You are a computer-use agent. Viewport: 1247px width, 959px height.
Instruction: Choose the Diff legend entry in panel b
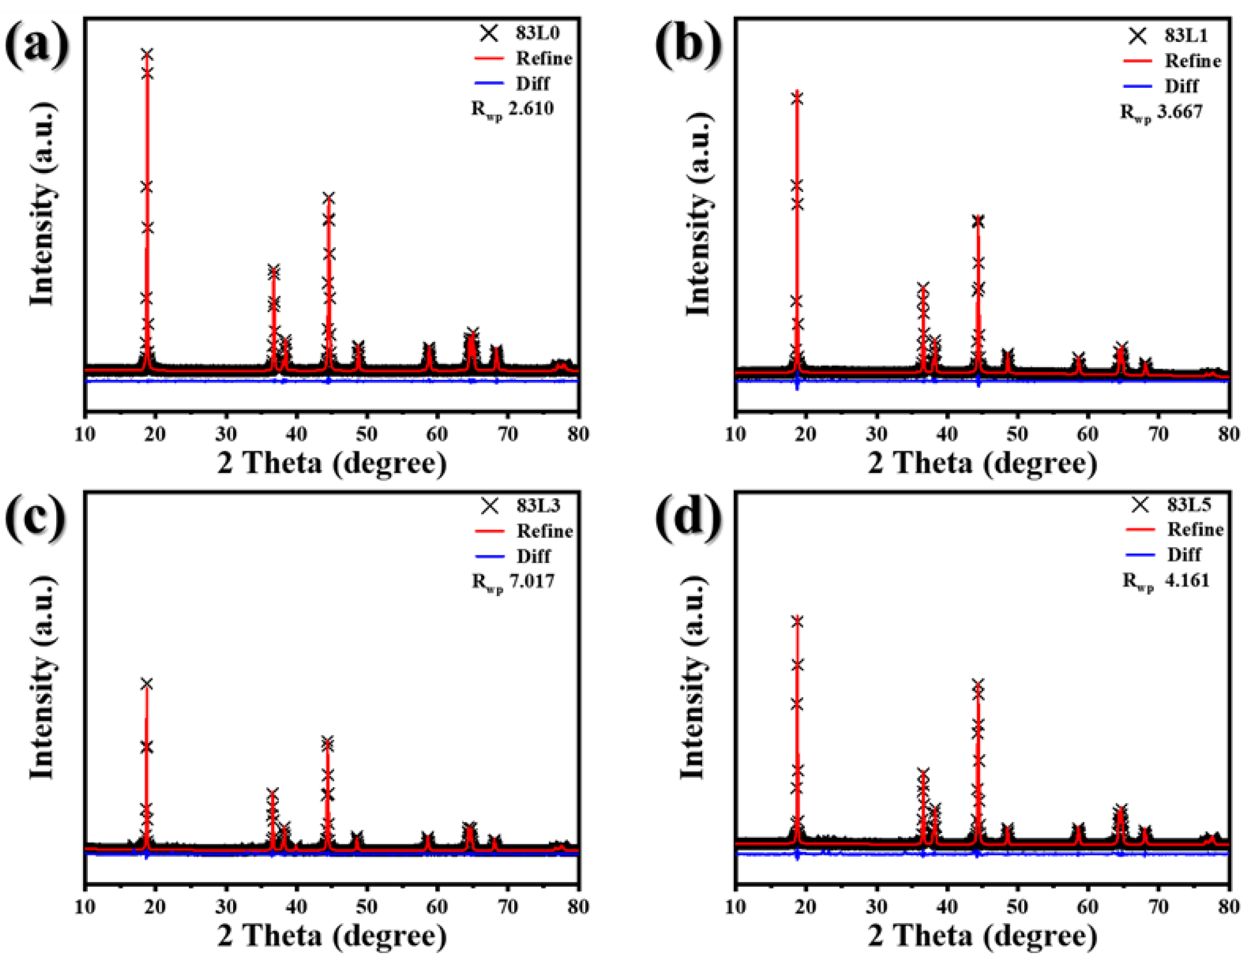[x=1181, y=86]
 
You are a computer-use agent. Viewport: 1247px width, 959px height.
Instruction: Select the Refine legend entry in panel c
[x=544, y=531]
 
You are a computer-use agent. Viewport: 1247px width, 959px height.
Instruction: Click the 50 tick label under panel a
[x=366, y=434]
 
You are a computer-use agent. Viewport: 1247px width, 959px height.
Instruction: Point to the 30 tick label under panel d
[x=876, y=907]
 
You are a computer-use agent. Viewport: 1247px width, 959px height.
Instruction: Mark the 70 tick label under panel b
[x=1159, y=434]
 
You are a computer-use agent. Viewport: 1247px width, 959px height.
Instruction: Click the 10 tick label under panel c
[x=85, y=907]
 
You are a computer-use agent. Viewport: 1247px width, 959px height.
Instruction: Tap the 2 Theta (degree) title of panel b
[x=982, y=463]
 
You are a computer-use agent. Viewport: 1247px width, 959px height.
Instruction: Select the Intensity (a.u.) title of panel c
[x=42, y=677]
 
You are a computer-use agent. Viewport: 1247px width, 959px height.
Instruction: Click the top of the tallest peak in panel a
[x=147, y=54]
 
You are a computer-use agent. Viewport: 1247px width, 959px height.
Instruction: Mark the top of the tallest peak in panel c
[x=147, y=684]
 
